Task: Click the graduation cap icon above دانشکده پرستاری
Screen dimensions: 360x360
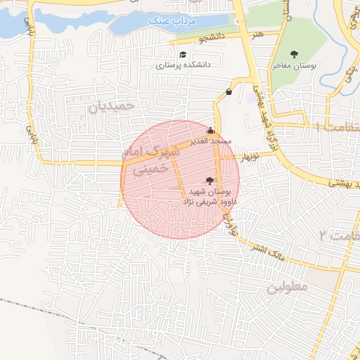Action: [x=183, y=54]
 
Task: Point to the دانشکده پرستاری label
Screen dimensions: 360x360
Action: [x=182, y=65]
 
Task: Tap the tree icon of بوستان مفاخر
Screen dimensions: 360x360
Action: [x=294, y=54]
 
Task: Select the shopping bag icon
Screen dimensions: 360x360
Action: [x=229, y=91]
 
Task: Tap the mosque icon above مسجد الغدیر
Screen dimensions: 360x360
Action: [x=210, y=130]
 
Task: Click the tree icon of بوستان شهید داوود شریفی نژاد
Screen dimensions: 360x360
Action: [x=209, y=181]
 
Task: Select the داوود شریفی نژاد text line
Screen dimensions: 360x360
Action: [x=210, y=201]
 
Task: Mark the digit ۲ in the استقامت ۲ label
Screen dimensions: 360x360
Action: [x=323, y=233]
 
